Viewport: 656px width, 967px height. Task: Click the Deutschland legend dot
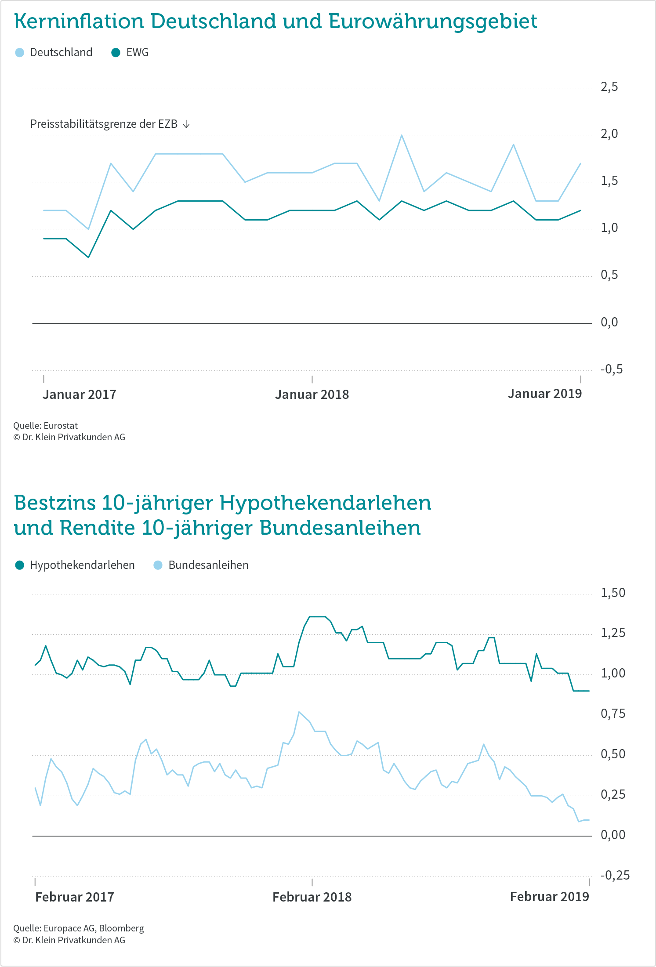20,53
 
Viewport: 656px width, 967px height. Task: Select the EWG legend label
138,53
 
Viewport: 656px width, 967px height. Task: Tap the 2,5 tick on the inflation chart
609,87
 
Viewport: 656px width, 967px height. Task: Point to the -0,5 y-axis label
612,369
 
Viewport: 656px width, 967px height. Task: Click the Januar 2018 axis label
312,395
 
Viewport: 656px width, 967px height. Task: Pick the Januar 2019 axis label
545,394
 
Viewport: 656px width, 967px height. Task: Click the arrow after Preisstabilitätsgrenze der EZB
186,124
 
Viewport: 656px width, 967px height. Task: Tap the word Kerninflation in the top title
79,21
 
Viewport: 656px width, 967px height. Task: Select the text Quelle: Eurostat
46,426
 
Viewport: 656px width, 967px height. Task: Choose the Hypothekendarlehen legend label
83,565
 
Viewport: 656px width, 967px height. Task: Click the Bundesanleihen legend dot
158,565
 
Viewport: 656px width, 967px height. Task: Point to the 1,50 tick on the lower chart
613,593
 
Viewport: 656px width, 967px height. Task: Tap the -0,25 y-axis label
615,875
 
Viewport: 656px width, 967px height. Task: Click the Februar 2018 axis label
312,897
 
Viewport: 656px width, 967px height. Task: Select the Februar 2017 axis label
75,897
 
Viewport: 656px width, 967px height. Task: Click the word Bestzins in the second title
54,503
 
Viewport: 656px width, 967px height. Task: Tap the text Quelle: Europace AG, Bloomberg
79,928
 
